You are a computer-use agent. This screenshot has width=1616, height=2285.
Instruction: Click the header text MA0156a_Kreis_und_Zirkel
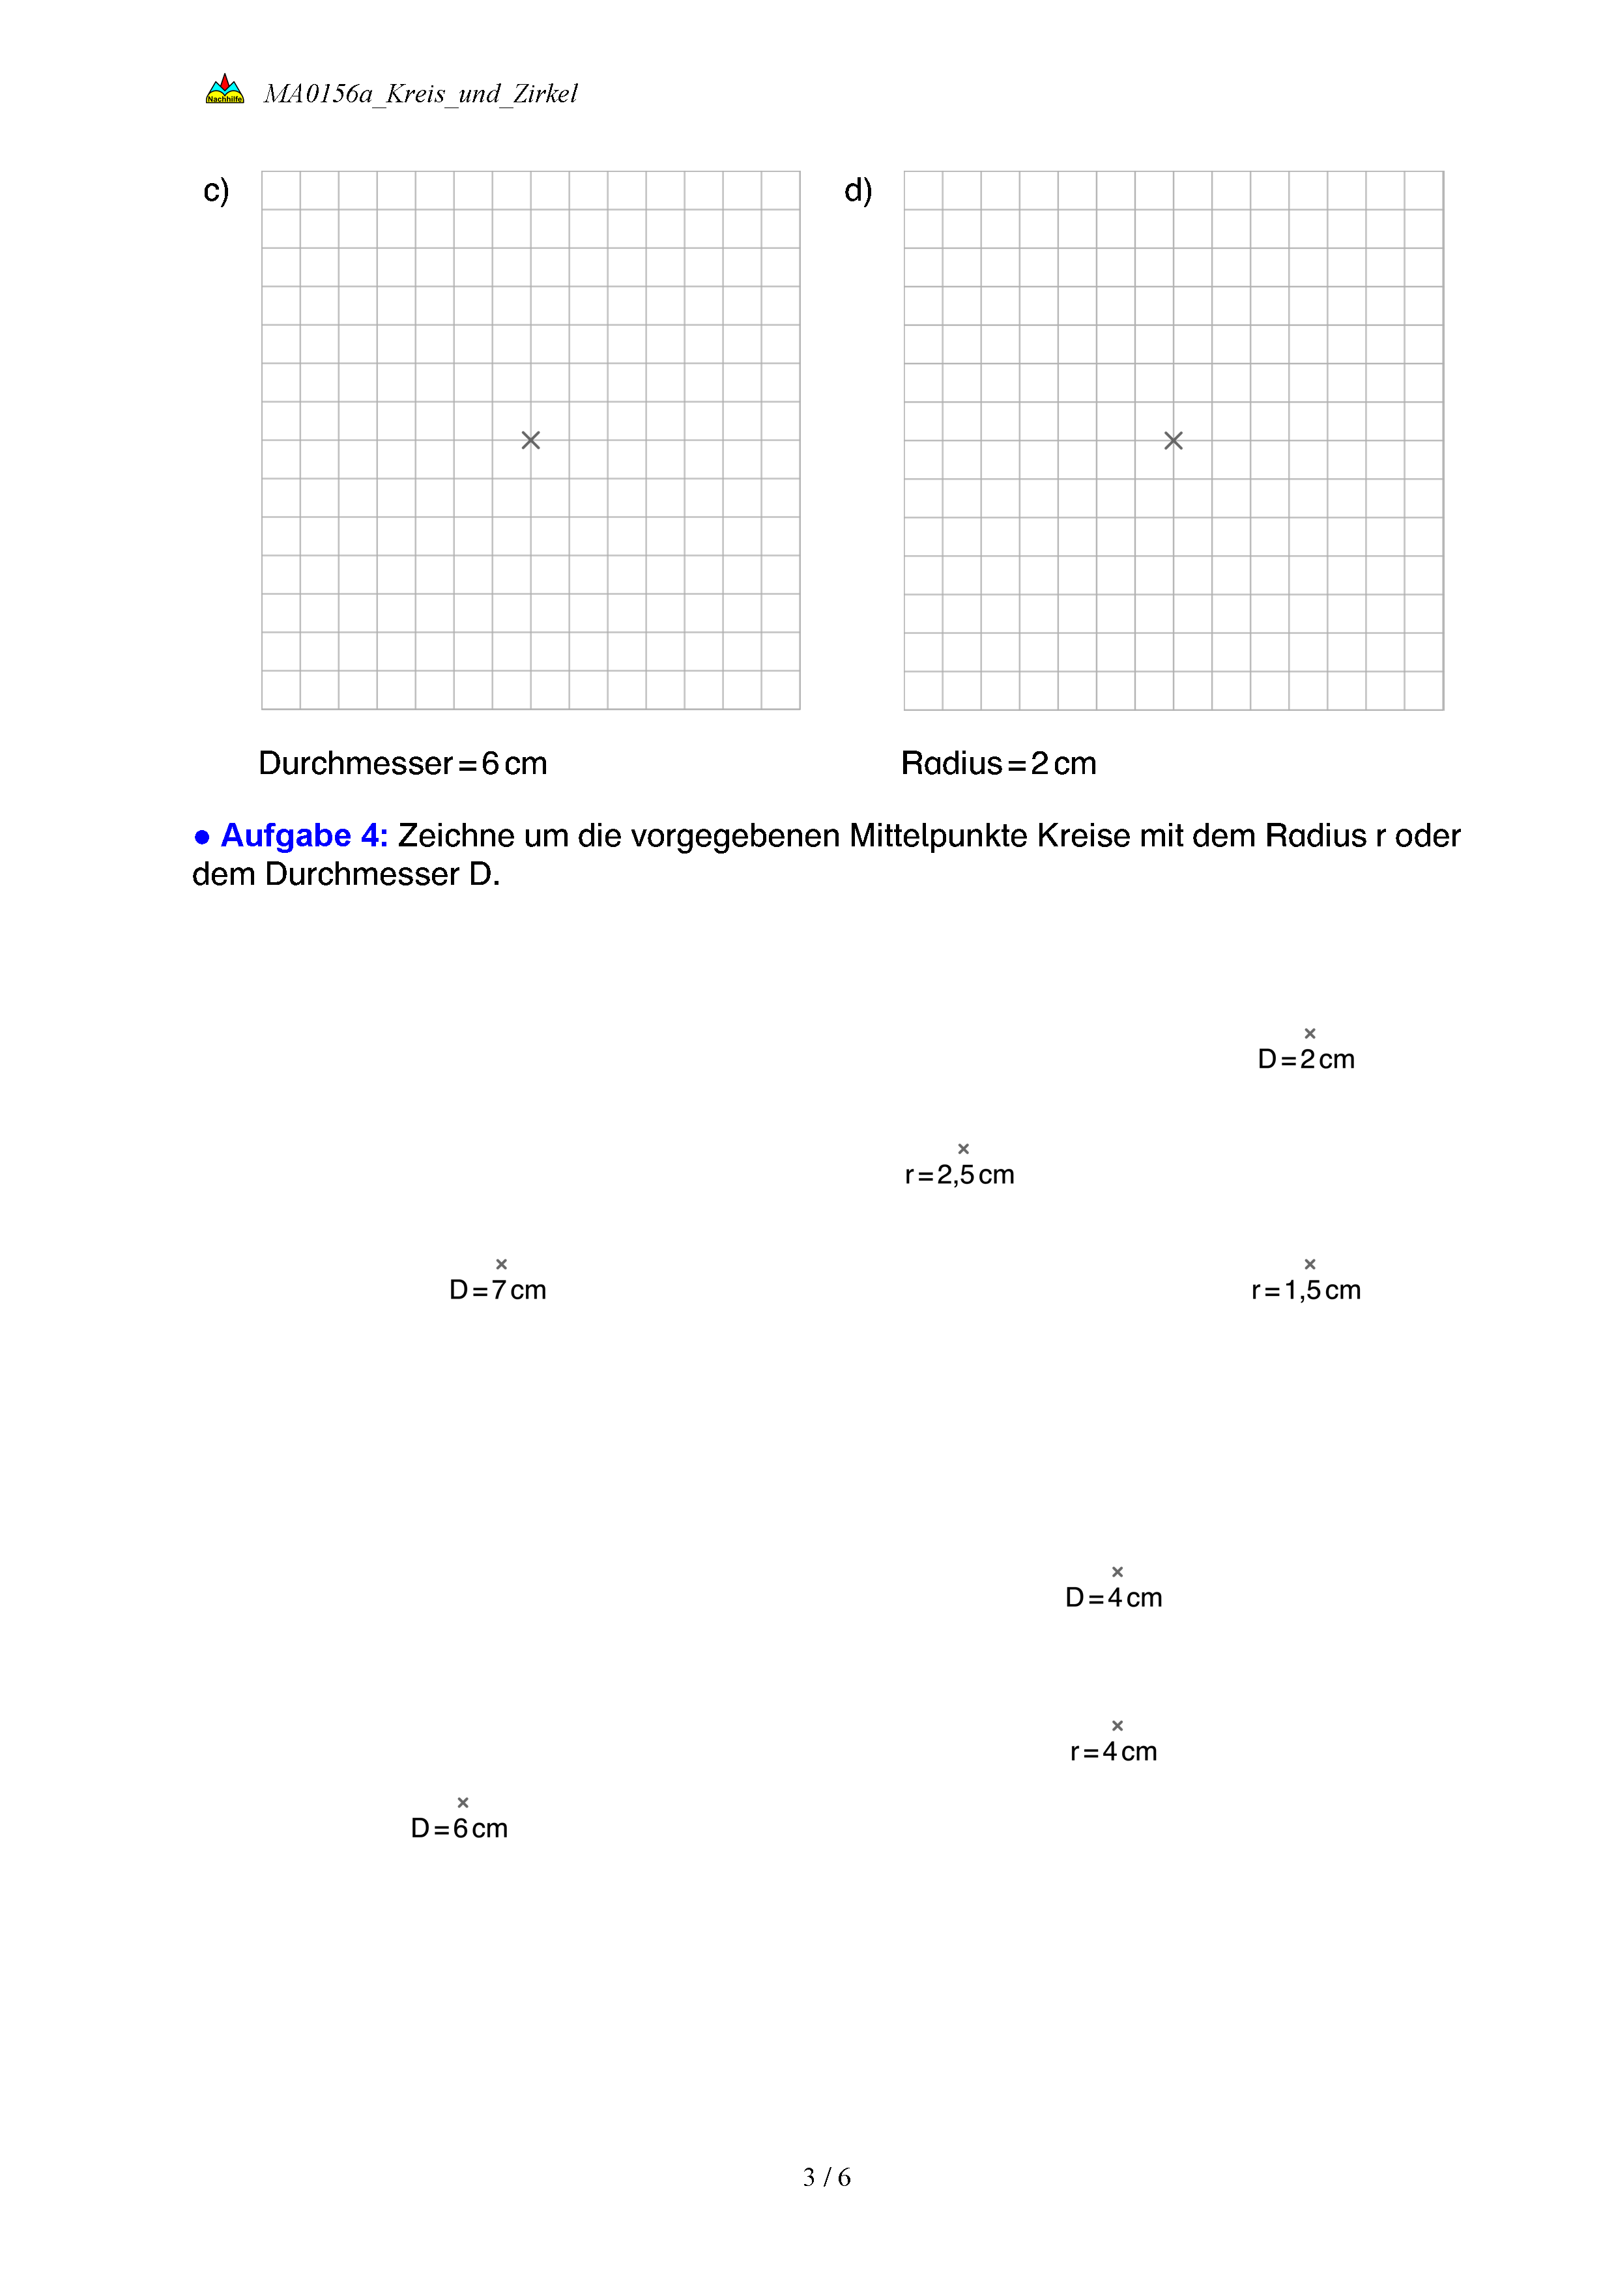420,94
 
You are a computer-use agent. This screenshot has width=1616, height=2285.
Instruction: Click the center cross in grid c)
530,440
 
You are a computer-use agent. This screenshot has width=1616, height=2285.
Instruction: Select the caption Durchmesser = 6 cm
403,764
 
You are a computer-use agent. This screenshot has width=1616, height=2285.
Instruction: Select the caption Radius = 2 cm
998,764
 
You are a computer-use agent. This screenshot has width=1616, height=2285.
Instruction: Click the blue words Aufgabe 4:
304,836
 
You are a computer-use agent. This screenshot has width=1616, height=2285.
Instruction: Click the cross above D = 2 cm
1310,1033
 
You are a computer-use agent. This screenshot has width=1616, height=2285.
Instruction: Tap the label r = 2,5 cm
959,1175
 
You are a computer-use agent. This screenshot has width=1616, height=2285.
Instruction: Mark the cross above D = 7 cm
502,1264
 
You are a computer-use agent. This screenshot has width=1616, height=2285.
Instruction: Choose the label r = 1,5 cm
1306,1291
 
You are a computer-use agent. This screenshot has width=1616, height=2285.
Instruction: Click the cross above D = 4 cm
1118,1572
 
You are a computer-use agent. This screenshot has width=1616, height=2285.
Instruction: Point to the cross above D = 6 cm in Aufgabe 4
463,1802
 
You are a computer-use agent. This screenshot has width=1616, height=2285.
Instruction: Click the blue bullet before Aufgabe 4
202,837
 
